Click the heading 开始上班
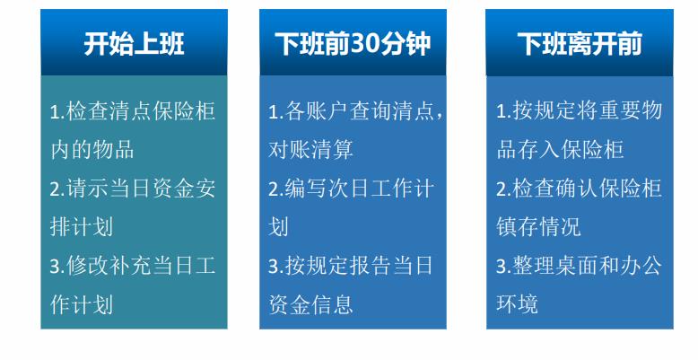coord(134,44)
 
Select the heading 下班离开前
coord(580,44)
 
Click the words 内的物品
coord(92,150)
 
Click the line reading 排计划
coord(82,227)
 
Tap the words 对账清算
coord(310,150)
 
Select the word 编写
coord(306,189)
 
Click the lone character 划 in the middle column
coord(278,227)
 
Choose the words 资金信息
coord(310,304)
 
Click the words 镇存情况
coord(538,227)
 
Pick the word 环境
coord(518,304)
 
